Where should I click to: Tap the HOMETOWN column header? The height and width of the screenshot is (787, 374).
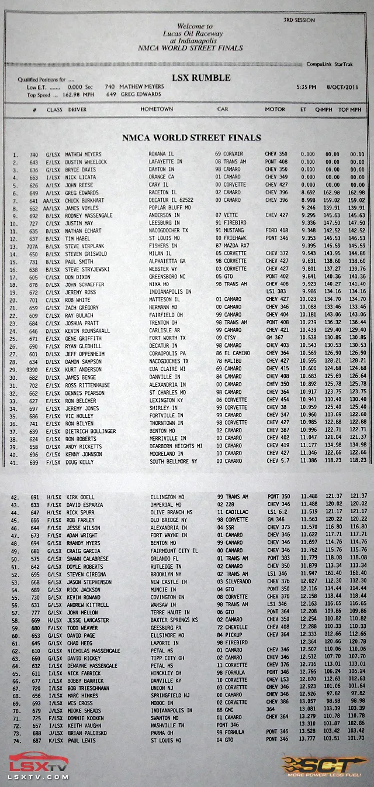157,109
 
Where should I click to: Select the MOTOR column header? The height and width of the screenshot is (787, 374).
275,109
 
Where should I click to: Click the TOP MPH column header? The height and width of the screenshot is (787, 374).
350,109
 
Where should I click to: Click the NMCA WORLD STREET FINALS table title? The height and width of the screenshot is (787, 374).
191,138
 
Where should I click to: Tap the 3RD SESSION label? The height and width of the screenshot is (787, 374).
299,20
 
